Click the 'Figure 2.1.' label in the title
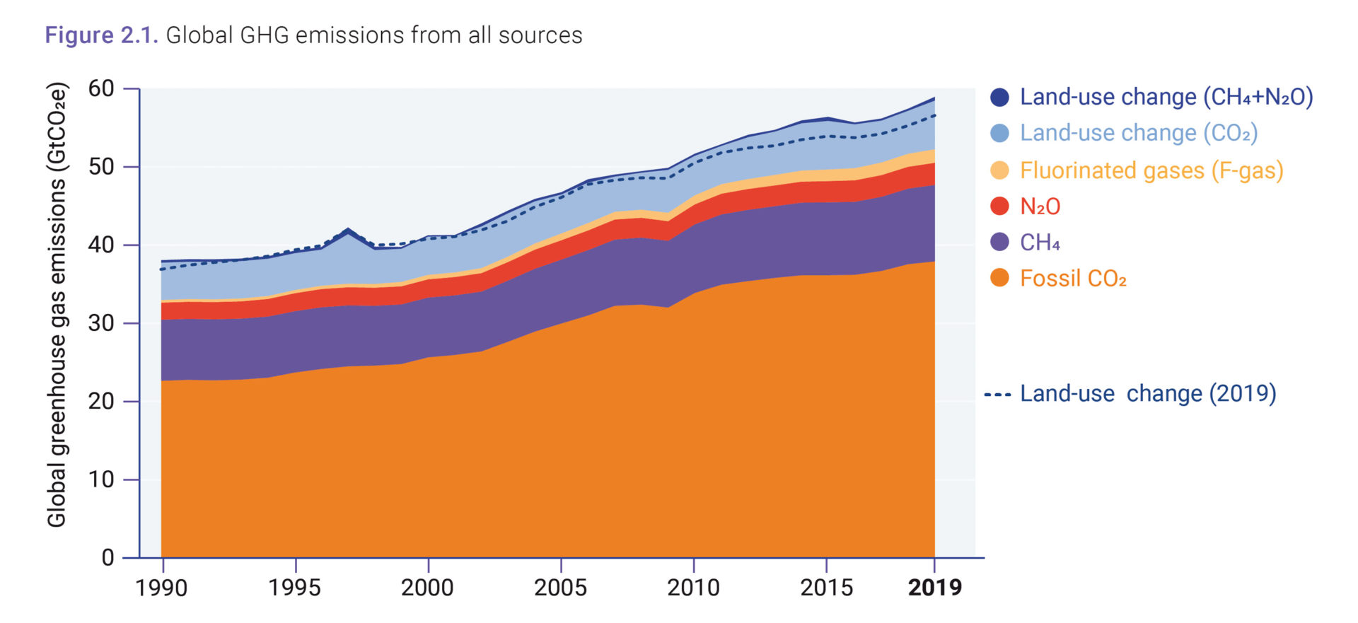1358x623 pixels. point(101,35)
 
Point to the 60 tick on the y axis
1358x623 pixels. point(101,88)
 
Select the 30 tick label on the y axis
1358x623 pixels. point(101,323)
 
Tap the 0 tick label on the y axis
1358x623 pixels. point(108,557)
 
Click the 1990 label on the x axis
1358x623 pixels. point(161,588)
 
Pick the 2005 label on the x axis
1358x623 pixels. point(560,588)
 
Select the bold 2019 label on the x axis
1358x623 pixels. point(934,588)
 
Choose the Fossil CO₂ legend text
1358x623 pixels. point(1073,279)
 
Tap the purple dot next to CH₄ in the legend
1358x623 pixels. point(999,242)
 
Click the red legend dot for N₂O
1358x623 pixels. point(999,206)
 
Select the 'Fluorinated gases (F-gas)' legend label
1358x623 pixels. point(1151,170)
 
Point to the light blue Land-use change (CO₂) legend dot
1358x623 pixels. point(999,133)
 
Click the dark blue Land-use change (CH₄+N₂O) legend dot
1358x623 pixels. point(999,97)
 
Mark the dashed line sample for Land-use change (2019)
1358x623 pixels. point(997,394)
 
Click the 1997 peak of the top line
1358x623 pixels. point(348,229)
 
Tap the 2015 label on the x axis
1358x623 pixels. point(826,588)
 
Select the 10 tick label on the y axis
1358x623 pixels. point(101,479)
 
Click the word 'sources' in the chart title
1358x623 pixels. point(540,35)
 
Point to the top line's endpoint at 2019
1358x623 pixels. point(934,98)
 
